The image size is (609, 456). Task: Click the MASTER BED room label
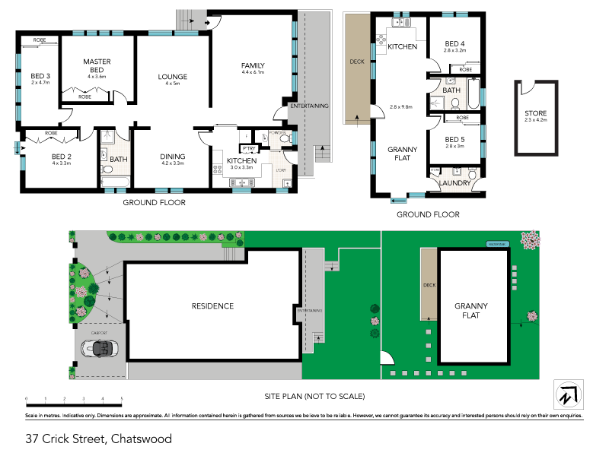pos(97,66)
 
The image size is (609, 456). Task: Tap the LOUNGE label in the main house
pos(173,77)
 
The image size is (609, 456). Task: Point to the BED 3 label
pos(40,76)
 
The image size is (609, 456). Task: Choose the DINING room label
pos(173,157)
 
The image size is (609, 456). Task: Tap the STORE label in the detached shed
pos(535,114)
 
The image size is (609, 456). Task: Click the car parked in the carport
pos(99,349)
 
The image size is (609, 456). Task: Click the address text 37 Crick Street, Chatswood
pos(98,439)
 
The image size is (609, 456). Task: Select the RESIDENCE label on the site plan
pos(212,306)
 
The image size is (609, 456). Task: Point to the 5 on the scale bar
pos(122,398)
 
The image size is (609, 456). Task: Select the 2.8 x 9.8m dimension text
pos(400,107)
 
